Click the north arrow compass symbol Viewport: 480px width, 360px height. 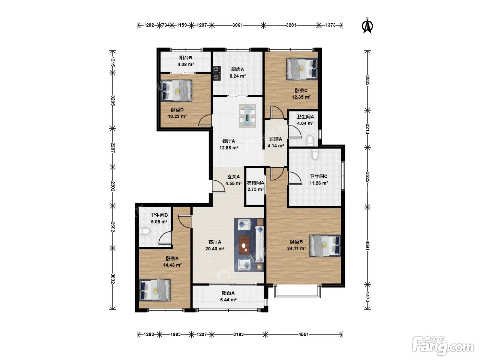(368, 26)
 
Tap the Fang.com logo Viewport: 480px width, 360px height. (443, 346)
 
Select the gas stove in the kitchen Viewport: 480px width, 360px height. (217, 73)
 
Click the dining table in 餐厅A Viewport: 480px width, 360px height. (247, 116)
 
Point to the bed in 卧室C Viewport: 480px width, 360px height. (302, 69)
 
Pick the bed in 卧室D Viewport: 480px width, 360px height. (177, 91)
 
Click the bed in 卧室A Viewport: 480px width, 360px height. (155, 290)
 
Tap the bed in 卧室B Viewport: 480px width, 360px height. (325, 246)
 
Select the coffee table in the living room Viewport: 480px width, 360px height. (244, 245)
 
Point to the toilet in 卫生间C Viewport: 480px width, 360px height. (315, 154)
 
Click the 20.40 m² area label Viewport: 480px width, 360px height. (215, 249)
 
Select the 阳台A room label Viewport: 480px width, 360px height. (228, 293)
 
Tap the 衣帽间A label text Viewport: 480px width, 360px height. (255, 183)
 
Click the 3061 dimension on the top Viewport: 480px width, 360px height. (238, 25)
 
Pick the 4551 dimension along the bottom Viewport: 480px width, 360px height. (303, 334)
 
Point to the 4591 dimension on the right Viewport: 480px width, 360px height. (368, 246)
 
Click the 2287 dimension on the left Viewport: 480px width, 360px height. (113, 148)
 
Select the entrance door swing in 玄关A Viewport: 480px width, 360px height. (218, 187)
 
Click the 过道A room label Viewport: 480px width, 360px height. (276, 139)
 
